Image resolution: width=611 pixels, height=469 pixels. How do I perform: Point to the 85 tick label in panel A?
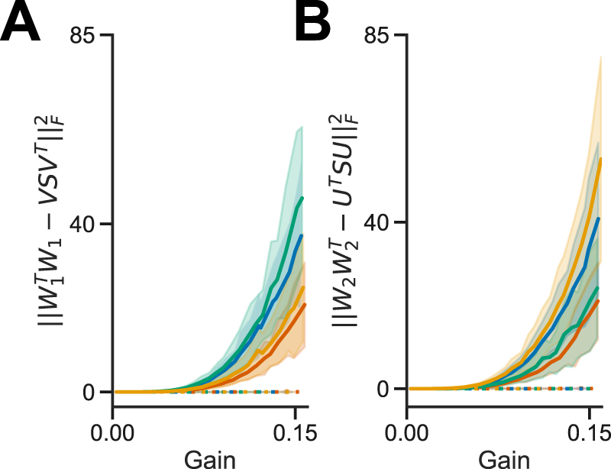[x=87, y=35]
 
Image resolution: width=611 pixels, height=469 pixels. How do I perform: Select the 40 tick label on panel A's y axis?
[x=87, y=224]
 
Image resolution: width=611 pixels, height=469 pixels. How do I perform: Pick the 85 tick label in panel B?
[x=380, y=35]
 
